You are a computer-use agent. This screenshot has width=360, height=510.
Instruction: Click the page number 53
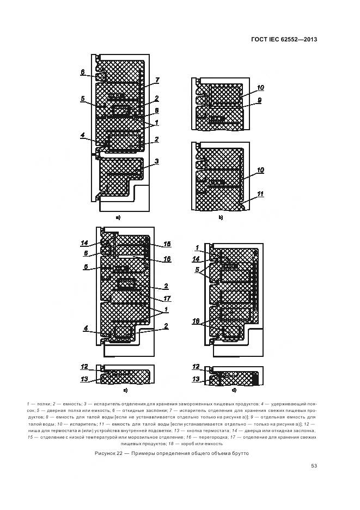coord(314,465)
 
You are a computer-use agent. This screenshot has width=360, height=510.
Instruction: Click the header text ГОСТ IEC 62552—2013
coord(284,39)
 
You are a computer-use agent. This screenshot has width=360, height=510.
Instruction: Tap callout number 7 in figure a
coord(156,80)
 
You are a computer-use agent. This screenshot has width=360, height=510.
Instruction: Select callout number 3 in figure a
coord(156,161)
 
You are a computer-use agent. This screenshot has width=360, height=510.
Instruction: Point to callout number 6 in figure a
coord(82,71)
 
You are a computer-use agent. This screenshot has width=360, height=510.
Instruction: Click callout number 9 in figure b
coord(260,100)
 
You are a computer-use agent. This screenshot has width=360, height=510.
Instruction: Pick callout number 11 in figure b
coord(260,193)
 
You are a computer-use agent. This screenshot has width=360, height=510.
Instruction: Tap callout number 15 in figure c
coord(167,244)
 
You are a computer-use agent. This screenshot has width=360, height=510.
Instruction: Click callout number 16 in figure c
coord(167,259)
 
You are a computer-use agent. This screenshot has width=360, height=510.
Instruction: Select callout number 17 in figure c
coord(167,298)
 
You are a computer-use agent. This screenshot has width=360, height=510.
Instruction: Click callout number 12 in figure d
coord(196,367)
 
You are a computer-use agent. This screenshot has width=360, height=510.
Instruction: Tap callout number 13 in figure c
coord(84,379)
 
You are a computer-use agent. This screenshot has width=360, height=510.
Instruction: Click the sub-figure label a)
coord(118,218)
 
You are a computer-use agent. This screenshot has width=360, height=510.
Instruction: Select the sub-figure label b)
coord(221,218)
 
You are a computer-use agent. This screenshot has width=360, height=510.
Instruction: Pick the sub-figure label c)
coord(125,391)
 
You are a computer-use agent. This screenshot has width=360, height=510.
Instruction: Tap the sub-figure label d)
coord(234,391)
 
